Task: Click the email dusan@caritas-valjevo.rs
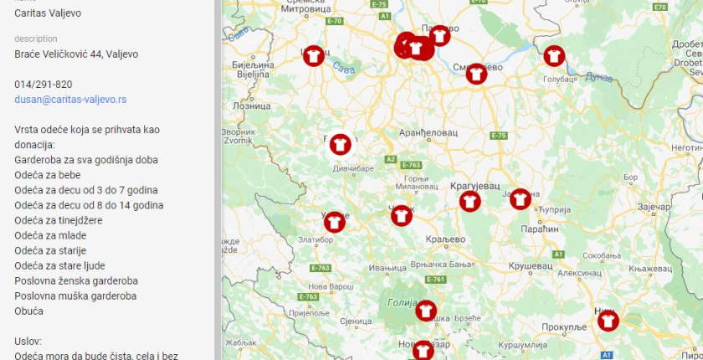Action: point(70,99)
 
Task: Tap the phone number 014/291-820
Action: point(43,84)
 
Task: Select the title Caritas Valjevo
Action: point(48,13)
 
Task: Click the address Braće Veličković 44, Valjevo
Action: point(76,54)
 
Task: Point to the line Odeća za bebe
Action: point(51,175)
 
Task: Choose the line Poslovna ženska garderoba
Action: point(76,280)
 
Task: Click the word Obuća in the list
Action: point(29,311)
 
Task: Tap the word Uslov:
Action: point(28,342)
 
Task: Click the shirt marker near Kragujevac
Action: point(470,201)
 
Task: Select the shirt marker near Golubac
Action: point(554,56)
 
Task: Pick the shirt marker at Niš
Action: point(608,320)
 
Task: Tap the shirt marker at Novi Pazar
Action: point(423,350)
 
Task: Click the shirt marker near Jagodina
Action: point(521,198)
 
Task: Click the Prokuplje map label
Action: point(564,327)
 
